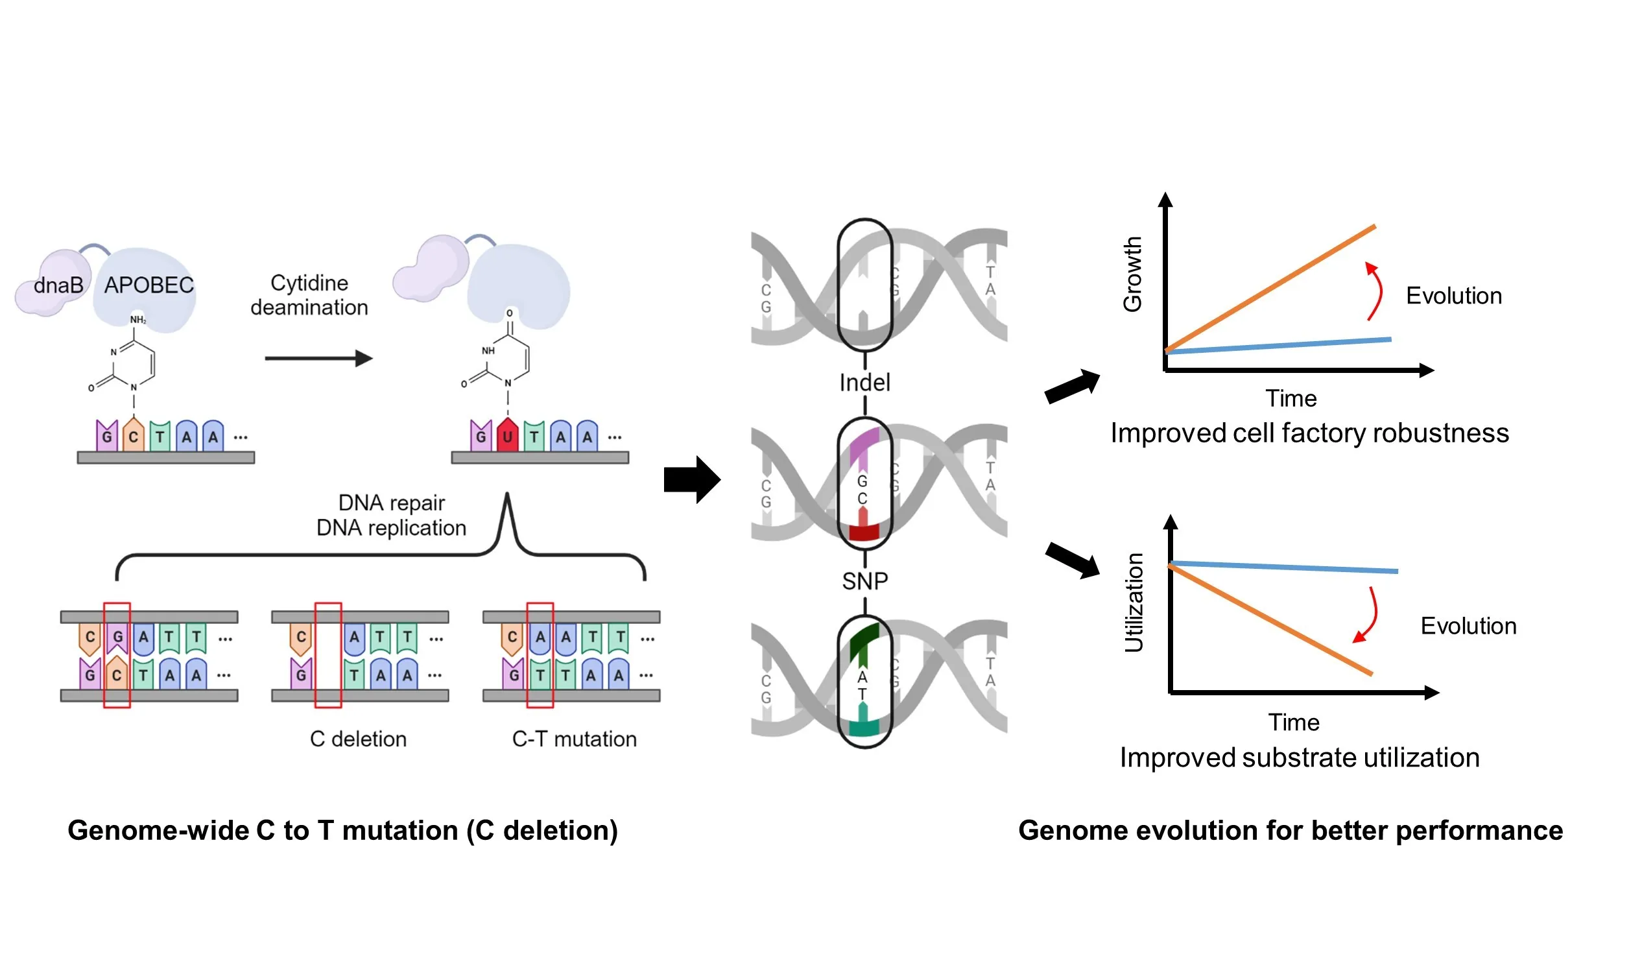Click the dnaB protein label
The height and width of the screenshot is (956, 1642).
click(x=58, y=285)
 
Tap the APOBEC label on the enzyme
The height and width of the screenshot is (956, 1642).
click(x=149, y=285)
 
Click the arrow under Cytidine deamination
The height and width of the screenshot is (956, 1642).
click(x=318, y=359)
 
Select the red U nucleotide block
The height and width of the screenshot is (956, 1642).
click(x=507, y=436)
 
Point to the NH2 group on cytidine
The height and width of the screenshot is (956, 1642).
click(x=138, y=320)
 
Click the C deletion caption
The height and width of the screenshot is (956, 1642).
click(x=359, y=739)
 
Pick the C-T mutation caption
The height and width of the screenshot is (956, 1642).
click(x=574, y=739)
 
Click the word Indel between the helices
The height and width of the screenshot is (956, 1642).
click(x=864, y=383)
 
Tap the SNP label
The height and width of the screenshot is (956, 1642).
click(x=864, y=580)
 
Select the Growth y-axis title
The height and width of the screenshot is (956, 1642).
click(x=1132, y=274)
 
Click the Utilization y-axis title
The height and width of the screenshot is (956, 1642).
click(x=1134, y=603)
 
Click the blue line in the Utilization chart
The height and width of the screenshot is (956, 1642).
click(x=1283, y=567)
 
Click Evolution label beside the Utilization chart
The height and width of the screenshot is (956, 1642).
click(x=1469, y=627)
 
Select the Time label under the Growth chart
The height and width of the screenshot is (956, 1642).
click(x=1291, y=398)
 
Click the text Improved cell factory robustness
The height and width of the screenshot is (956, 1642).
click(x=1310, y=433)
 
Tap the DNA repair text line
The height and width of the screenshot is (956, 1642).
click(x=392, y=503)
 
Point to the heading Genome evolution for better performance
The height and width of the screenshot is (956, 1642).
click(x=1290, y=831)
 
